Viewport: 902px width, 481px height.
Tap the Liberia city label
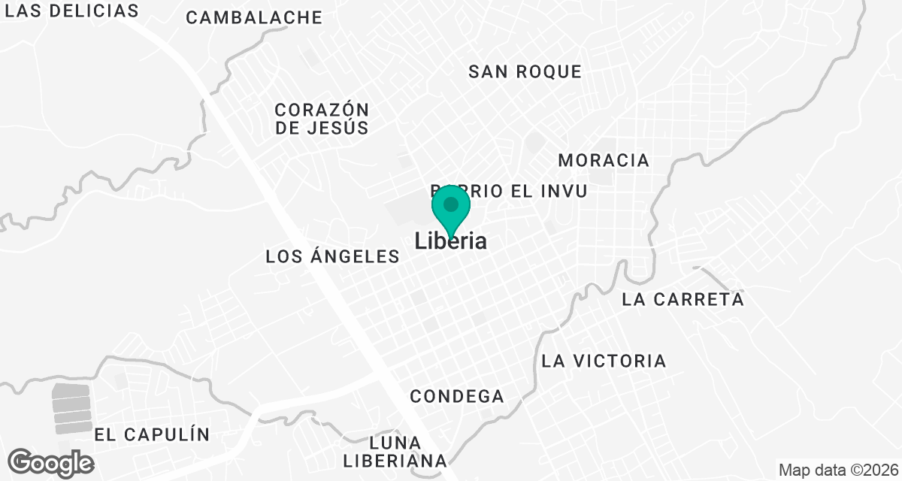pos(451,241)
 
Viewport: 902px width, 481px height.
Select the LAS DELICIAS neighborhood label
pos(77,11)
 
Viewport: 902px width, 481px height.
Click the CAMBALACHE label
pos(254,17)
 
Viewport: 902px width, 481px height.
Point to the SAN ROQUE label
pos(525,71)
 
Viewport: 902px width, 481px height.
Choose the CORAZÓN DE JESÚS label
pos(322,119)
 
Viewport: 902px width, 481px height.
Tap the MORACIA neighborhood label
pos(604,160)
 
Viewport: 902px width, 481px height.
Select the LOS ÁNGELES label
pos(332,256)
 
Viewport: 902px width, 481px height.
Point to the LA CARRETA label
pos(683,299)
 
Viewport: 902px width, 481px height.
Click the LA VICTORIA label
pos(604,361)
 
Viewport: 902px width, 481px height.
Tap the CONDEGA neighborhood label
pos(457,396)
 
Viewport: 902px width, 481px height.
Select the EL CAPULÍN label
pos(152,434)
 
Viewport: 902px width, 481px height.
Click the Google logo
pos(51,462)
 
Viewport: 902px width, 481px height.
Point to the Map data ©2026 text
pos(838,470)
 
